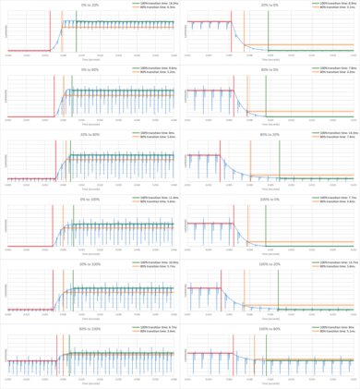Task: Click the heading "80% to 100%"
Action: click(90, 326)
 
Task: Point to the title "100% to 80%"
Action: click(270, 326)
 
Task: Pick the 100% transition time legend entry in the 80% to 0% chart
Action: click(334, 68)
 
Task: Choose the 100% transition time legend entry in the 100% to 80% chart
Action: click(334, 327)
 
